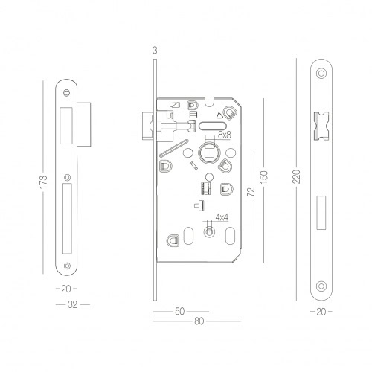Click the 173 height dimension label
click(43, 182)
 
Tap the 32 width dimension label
click(72, 304)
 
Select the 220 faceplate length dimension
click(296, 176)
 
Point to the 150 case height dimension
click(264, 177)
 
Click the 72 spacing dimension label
click(251, 192)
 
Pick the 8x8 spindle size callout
click(225, 135)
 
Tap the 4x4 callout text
click(222, 217)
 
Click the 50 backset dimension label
click(180, 312)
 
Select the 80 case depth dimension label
click(199, 321)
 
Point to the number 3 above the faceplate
click(155, 51)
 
